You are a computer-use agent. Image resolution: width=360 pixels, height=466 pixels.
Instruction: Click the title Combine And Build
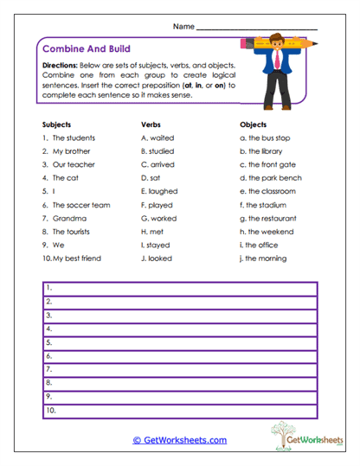(x=86, y=49)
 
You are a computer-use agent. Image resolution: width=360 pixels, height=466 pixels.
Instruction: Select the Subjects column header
(x=56, y=124)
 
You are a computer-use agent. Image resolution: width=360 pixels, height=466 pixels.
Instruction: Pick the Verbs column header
(x=151, y=124)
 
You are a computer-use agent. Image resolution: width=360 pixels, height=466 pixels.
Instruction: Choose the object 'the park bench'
(x=274, y=178)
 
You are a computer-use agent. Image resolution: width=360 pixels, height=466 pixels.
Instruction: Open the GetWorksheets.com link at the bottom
(x=179, y=440)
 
